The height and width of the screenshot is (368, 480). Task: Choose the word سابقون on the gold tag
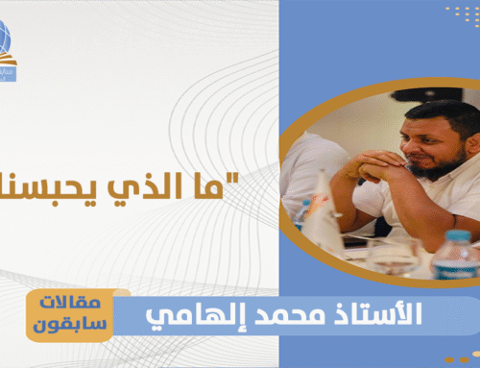click(x=76, y=325)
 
